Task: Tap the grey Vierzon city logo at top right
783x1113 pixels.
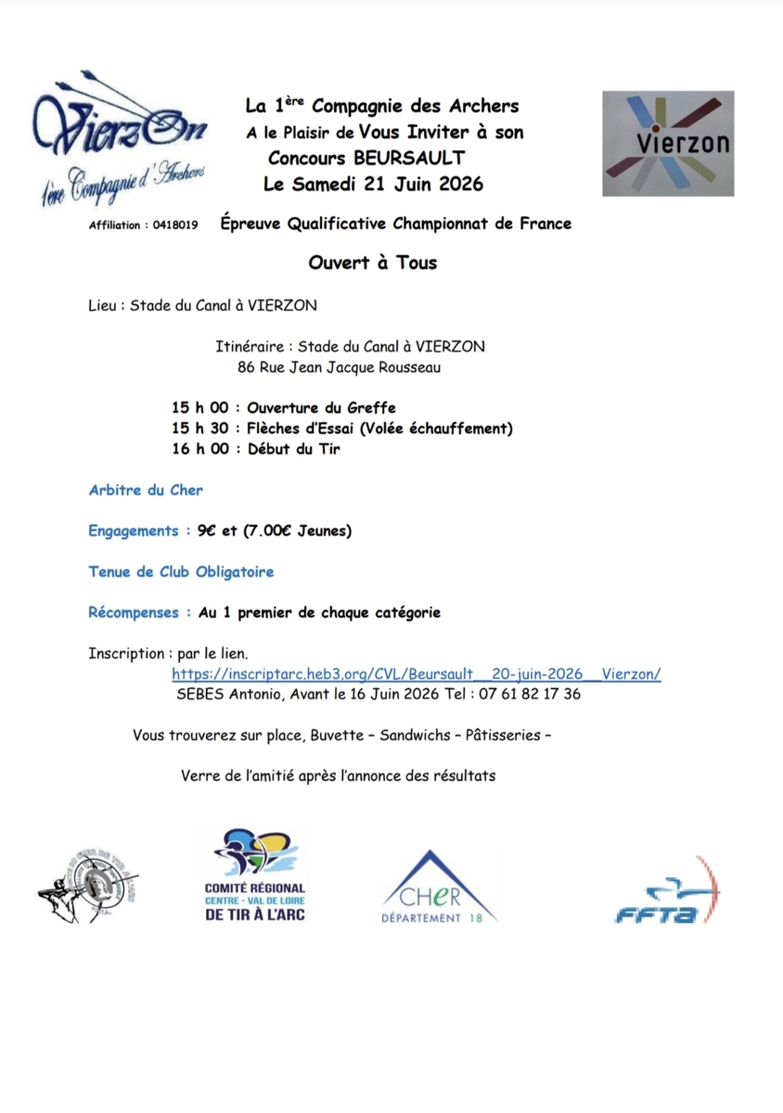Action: [668, 143]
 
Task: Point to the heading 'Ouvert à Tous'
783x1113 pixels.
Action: [373, 262]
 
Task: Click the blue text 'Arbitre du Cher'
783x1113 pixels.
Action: [146, 490]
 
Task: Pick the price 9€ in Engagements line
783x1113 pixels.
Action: [206, 531]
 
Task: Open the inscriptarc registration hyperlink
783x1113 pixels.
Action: [417, 675]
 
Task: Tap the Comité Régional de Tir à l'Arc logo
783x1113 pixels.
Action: [254, 876]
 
